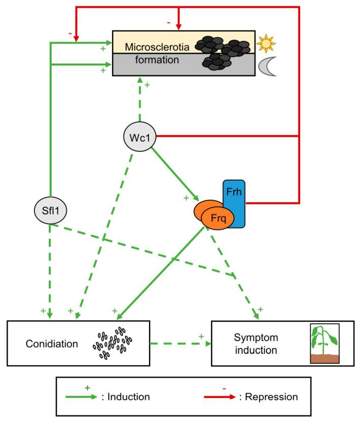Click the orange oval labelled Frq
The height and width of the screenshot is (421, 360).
pos(217,219)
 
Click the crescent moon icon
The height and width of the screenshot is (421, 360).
pos(267,67)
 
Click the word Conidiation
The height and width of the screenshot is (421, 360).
pos(52,343)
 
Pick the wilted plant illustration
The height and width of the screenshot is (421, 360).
pos(324,343)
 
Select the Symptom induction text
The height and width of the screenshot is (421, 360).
pos(256,343)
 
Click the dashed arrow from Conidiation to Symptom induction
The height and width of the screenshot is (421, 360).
pos(180,343)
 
